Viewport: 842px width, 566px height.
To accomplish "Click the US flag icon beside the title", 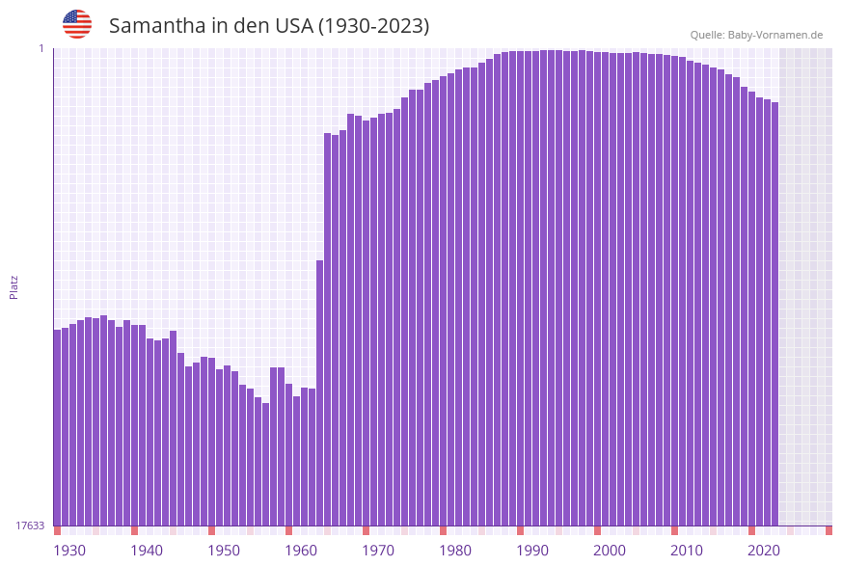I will pyautogui.click(x=77, y=24).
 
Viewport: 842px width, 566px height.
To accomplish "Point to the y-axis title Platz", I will pyautogui.click(x=14, y=286).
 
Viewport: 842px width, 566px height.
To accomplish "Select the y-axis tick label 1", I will pyautogui.click(x=41, y=48).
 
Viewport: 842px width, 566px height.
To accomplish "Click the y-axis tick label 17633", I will pyautogui.click(x=30, y=526).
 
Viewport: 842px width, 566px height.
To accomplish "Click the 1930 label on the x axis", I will pyautogui.click(x=68, y=551).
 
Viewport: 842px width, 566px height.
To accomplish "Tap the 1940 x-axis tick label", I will pyautogui.click(x=147, y=551).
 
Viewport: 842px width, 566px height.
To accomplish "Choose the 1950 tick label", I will pyautogui.click(x=224, y=551).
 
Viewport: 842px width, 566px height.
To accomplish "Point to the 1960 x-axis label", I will pyautogui.click(x=301, y=551).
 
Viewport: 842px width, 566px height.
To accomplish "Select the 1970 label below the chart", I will pyautogui.click(x=378, y=551).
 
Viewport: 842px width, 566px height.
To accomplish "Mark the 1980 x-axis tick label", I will pyautogui.click(x=455, y=551).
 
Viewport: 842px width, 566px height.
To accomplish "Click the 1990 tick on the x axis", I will pyautogui.click(x=532, y=551).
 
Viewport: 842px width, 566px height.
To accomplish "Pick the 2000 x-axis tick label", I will pyautogui.click(x=610, y=551).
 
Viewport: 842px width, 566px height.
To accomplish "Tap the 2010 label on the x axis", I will pyautogui.click(x=687, y=551).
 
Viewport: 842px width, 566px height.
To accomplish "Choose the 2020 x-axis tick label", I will pyautogui.click(x=764, y=551).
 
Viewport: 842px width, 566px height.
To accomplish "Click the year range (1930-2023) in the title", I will pyautogui.click(x=374, y=26).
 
